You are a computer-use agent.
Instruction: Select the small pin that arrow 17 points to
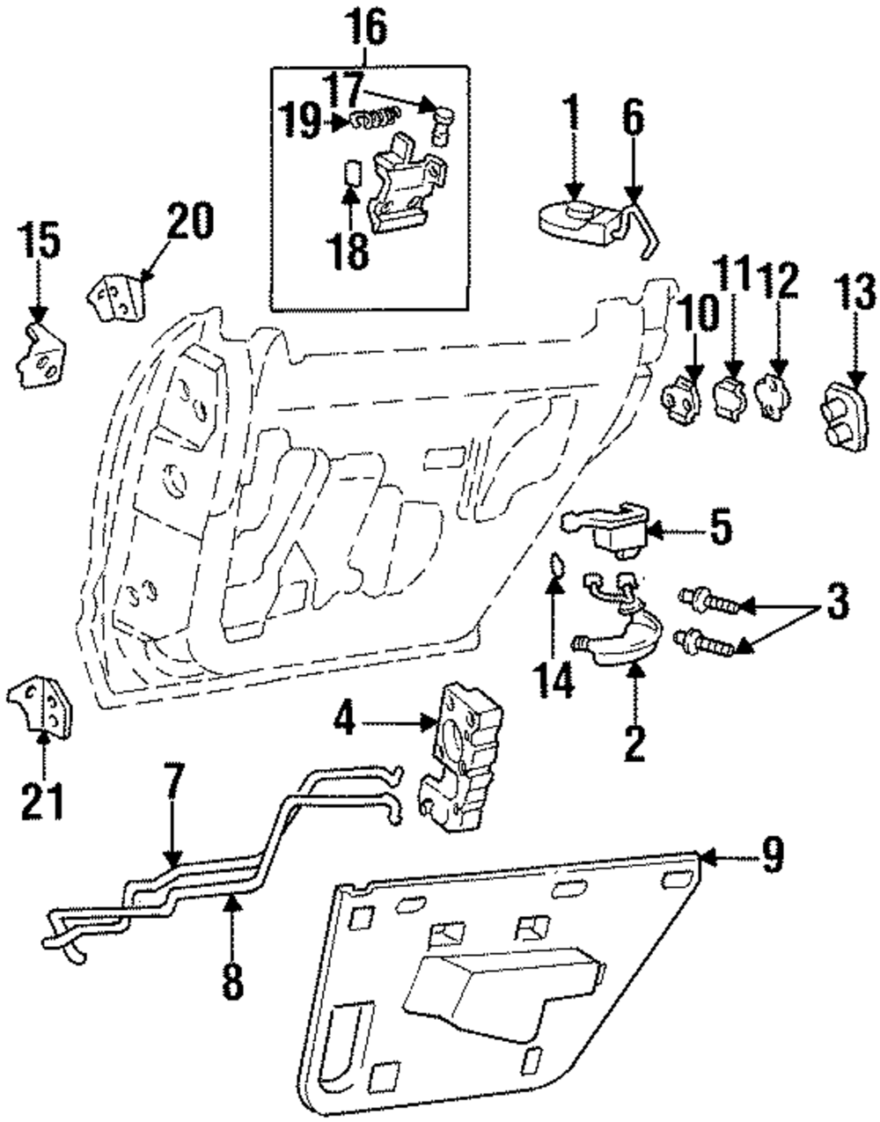pyautogui.click(x=440, y=127)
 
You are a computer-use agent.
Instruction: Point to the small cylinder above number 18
pyautogui.click(x=351, y=173)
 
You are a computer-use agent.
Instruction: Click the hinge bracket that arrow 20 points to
pyautogui.click(x=117, y=298)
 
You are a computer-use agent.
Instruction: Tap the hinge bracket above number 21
pyautogui.click(x=40, y=705)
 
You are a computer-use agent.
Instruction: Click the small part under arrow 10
pyautogui.click(x=680, y=399)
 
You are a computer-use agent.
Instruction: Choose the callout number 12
pyautogui.click(x=777, y=281)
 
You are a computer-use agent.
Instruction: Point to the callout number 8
pyautogui.click(x=232, y=976)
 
